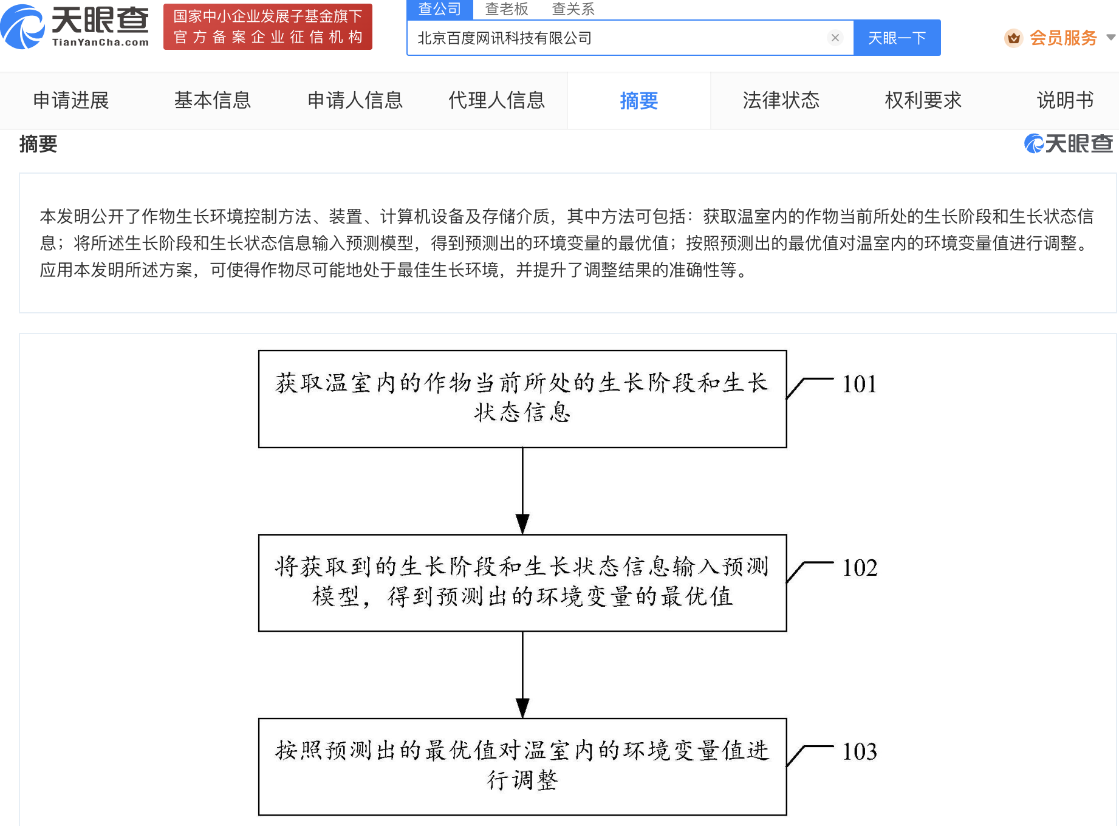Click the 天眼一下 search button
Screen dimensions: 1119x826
[x=897, y=38]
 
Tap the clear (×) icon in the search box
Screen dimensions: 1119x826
[x=835, y=38]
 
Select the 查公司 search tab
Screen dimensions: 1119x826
[x=439, y=9]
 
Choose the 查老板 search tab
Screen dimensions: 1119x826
[x=506, y=9]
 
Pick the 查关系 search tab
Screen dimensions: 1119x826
[x=573, y=9]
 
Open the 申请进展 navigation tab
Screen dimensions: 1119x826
[x=71, y=100]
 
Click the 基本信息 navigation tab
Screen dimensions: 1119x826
[x=213, y=100]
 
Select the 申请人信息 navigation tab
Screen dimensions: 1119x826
[x=355, y=100]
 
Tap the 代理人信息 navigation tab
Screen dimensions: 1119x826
[x=497, y=100]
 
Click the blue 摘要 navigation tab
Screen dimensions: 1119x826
[x=639, y=101]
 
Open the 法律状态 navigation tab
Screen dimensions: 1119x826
[x=781, y=100]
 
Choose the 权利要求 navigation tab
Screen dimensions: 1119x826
[x=923, y=100]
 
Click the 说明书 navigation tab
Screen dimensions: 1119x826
[x=1066, y=100]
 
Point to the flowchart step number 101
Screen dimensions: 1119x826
[x=860, y=384]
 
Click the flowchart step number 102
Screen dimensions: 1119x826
[x=860, y=568]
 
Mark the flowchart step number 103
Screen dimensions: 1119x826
[x=860, y=752]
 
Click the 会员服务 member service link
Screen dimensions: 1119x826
[x=1063, y=38]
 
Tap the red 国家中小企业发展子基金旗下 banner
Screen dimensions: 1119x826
[x=268, y=27]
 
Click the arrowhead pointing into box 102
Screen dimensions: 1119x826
[x=522, y=524]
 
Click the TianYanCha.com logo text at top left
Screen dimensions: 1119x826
[x=100, y=42]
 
